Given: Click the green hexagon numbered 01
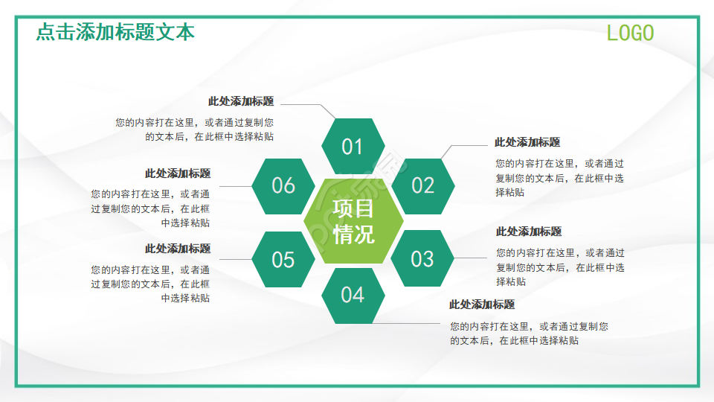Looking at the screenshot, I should (x=352, y=147).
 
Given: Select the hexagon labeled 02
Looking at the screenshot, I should (x=422, y=185).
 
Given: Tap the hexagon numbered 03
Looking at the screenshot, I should (x=422, y=258).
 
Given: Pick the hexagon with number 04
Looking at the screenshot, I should (x=353, y=296).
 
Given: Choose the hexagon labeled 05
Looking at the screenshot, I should (x=283, y=260).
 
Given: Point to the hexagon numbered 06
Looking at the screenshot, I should (x=283, y=185).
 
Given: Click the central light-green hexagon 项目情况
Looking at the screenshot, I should (x=353, y=222).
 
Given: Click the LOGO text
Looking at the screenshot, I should (x=630, y=33).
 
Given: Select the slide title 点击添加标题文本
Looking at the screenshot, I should (x=115, y=33).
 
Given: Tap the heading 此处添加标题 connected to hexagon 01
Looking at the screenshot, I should (x=240, y=101).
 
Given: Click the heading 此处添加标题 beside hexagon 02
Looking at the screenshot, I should (x=527, y=142).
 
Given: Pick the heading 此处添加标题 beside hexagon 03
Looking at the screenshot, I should (x=529, y=232).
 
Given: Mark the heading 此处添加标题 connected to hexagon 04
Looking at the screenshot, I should (x=482, y=304).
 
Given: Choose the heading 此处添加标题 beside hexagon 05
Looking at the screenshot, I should (x=178, y=249).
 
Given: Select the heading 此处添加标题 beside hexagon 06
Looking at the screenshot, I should (x=178, y=173).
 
